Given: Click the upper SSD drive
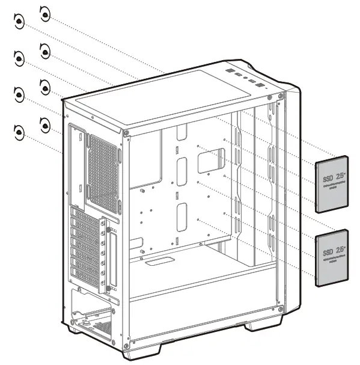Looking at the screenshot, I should (x=332, y=184).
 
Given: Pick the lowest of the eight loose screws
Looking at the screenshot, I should (x=19, y=130).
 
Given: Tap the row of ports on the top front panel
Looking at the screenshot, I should (x=246, y=79).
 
